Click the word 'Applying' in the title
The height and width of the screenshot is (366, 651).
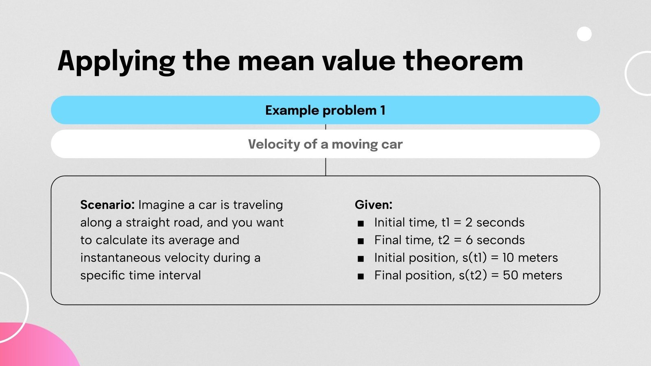pyautogui.click(x=116, y=61)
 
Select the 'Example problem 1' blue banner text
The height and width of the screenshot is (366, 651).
pyautogui.click(x=325, y=110)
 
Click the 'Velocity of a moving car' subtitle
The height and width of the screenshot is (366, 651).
pyautogui.click(x=325, y=144)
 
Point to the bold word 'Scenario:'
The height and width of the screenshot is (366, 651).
pyautogui.click(x=107, y=205)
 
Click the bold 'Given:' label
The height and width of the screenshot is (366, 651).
pyautogui.click(x=373, y=205)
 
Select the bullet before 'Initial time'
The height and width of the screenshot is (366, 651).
pyautogui.click(x=360, y=223)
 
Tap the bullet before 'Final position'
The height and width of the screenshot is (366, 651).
pyautogui.click(x=360, y=276)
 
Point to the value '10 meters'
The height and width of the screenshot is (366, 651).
pyautogui.click(x=530, y=257)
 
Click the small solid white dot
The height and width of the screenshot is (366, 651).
pyautogui.click(x=584, y=34)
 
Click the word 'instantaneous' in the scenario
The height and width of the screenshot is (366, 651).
pyautogui.click(x=120, y=257)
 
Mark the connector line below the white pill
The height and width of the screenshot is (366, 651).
pyautogui.click(x=325, y=167)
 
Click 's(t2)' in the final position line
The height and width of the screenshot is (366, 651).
pyautogui.click(x=473, y=275)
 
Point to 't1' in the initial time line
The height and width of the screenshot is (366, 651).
pyautogui.click(x=446, y=222)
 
